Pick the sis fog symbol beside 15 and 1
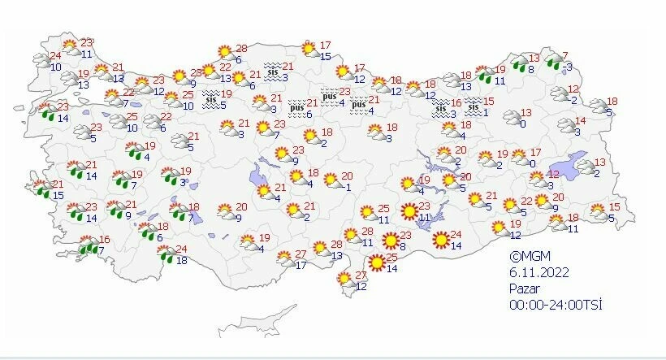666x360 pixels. click(x=474, y=105)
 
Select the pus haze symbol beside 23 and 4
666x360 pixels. click(x=328, y=96)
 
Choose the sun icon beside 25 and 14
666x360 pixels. click(x=376, y=262)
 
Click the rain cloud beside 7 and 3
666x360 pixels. click(x=554, y=62)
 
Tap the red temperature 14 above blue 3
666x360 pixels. click(x=580, y=120)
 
